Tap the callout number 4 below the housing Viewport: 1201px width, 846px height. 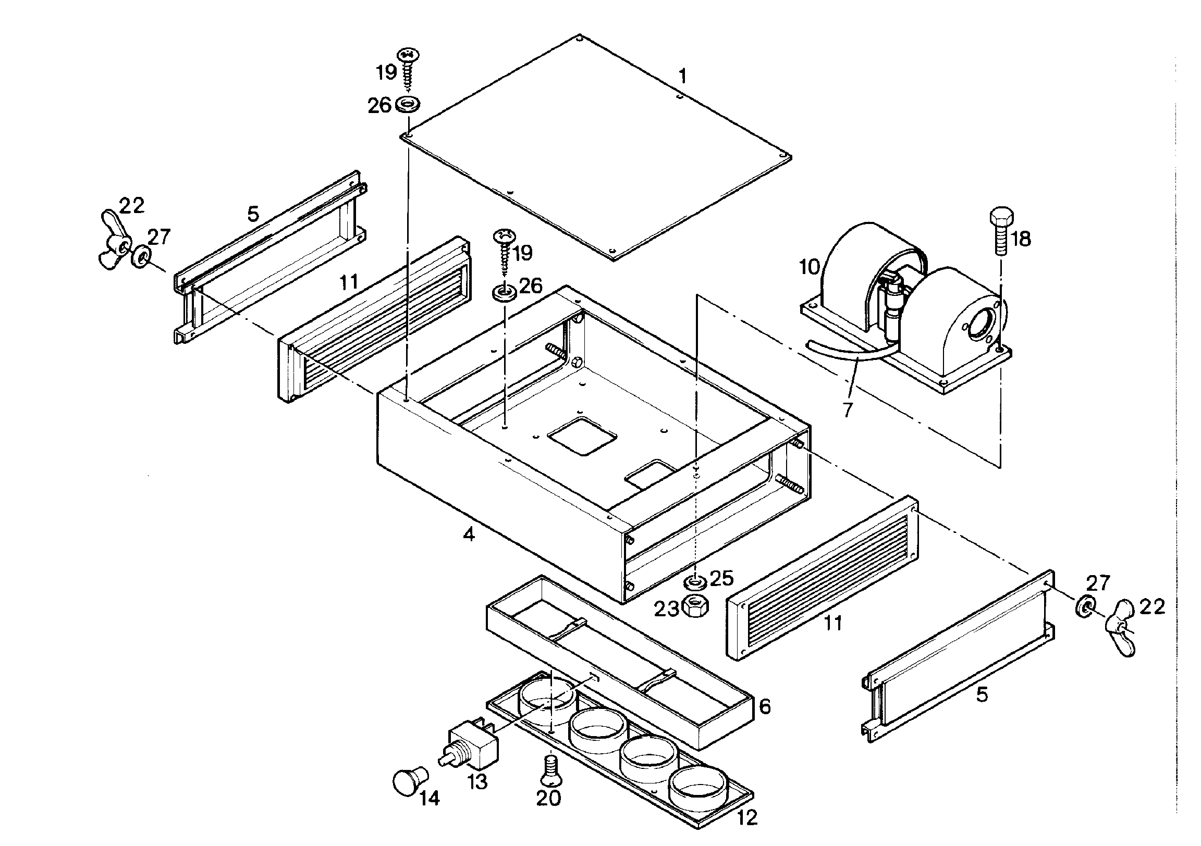point(469,534)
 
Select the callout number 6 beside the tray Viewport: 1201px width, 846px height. point(765,706)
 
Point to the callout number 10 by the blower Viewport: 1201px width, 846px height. point(809,267)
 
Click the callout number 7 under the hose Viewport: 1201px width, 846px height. point(848,409)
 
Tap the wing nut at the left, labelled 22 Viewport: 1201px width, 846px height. point(114,240)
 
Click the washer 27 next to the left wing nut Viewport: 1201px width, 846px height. point(141,256)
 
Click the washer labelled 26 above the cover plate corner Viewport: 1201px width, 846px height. point(409,104)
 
